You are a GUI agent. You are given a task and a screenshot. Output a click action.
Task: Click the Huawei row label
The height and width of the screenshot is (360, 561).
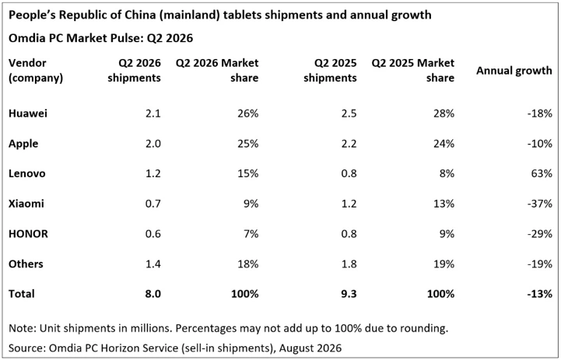28,114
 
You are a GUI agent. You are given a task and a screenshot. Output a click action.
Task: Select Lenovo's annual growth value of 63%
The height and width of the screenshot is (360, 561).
542,173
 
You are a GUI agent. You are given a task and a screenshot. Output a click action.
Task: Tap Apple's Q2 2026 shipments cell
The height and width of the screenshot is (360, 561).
153,143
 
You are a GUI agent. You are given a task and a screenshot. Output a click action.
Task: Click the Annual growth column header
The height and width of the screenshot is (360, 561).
514,71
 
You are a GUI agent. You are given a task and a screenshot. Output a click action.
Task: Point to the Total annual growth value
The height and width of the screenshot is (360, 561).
539,293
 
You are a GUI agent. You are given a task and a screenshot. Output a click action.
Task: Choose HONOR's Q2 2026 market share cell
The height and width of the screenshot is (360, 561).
251,233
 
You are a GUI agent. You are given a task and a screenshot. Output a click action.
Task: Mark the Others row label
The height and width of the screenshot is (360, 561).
26,264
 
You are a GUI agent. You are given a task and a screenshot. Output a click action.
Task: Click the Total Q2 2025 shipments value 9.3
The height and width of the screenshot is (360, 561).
348,293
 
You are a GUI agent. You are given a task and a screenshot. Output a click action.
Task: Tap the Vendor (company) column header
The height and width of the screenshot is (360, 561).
36,71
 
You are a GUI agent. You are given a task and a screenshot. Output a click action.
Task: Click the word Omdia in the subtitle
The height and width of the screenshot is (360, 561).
26,38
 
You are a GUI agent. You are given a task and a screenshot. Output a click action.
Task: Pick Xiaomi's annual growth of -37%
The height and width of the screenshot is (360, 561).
539,204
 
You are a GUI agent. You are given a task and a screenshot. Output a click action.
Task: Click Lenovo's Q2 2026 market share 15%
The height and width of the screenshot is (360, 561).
248,173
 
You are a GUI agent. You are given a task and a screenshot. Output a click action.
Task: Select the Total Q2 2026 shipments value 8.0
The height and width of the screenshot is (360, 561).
153,293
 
